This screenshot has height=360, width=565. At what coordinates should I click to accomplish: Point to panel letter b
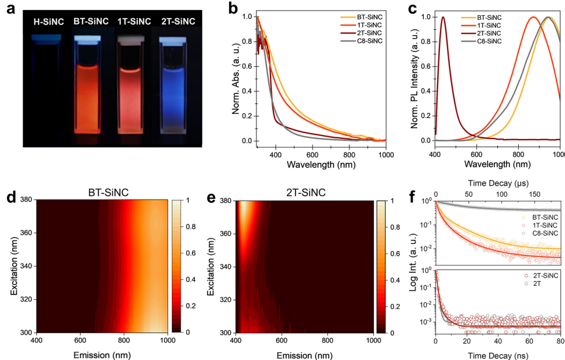tap(217, 9)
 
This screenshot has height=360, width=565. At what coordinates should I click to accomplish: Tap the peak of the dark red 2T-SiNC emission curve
tap(443, 17)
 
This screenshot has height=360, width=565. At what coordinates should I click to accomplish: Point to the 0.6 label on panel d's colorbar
tap(183, 253)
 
